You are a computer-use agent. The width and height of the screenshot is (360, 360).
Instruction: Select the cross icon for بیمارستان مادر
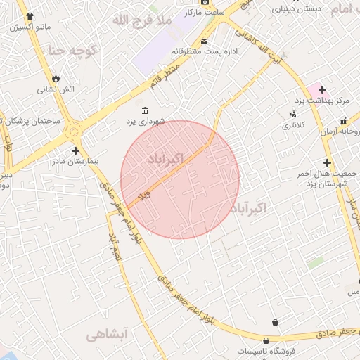coord(75,150)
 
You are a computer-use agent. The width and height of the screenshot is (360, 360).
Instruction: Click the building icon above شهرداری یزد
coord(145,111)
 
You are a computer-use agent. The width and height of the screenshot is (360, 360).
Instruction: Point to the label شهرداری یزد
coord(146,122)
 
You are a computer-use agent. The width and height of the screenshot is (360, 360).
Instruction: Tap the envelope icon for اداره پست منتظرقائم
coord(205,41)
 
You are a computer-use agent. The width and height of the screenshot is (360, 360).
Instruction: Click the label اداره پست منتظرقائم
coord(205,51)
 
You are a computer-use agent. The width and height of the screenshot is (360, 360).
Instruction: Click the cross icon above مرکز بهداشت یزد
coord(322,89)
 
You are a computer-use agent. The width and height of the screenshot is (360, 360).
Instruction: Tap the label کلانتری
coord(293,125)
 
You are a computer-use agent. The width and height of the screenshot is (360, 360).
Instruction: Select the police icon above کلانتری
coord(293,115)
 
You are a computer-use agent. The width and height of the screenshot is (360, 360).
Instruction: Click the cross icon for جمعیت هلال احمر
coord(327,162)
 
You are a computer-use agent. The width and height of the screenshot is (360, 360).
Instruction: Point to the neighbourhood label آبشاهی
coord(105,336)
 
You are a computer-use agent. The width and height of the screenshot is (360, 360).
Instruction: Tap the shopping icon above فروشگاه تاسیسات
coord(274,322)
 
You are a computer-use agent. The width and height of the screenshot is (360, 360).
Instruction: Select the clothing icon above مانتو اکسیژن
coord(29,15)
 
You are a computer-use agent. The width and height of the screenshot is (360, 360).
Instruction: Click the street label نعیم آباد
coord(113,243)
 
